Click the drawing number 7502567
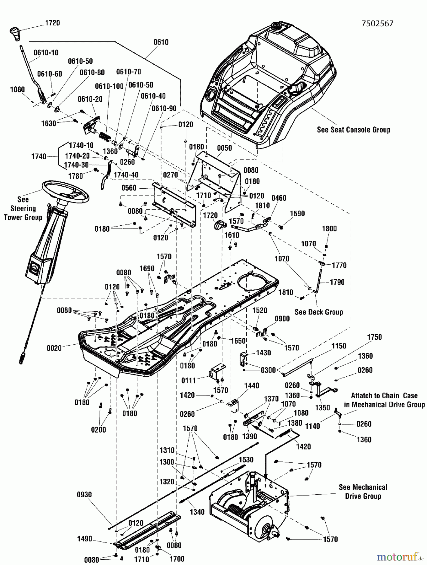point(377,24)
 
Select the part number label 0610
point(161,42)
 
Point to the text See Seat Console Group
point(354,130)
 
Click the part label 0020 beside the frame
point(54,348)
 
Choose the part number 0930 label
point(84,495)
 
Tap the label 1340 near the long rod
point(197,512)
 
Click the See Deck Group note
point(319,312)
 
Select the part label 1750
point(374,337)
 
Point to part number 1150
point(339,346)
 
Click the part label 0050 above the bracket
point(224,148)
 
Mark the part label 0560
point(129,188)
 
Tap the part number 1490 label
point(84,539)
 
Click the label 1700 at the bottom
point(177,559)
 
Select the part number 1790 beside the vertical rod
point(337,282)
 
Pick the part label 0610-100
point(109,86)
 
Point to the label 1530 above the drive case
point(246,460)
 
